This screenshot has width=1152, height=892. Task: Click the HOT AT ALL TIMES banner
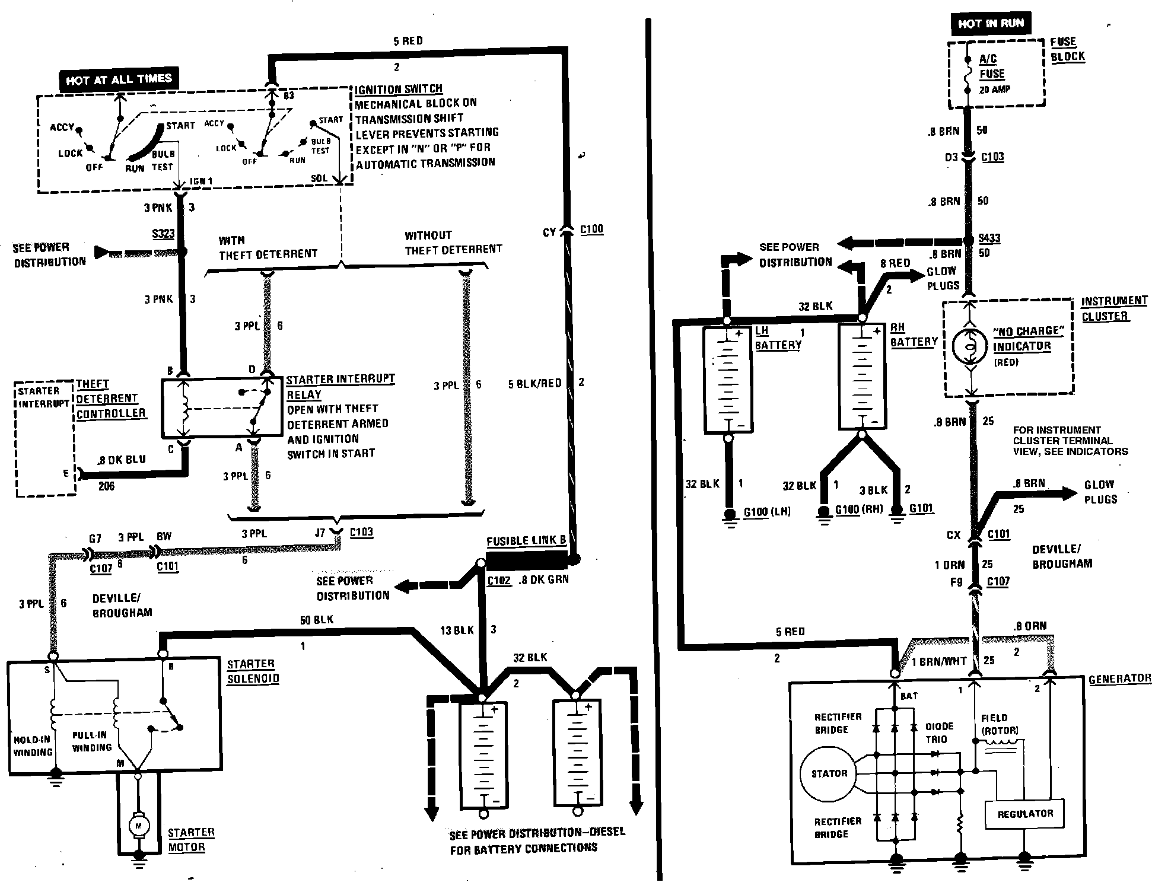[119, 79]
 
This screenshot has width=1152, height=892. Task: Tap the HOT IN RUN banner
[990, 24]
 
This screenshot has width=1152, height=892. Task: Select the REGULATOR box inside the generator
[1024, 814]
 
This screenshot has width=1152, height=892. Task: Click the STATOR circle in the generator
[829, 773]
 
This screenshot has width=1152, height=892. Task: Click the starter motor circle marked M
[139, 825]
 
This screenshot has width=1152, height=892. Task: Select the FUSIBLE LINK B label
[526, 540]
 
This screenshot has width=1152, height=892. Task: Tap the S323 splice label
[163, 234]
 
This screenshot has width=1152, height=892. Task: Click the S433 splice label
[989, 238]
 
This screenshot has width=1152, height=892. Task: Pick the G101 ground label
[921, 508]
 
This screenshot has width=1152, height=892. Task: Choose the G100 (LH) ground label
[767, 511]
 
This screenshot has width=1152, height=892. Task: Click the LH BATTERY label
[777, 337]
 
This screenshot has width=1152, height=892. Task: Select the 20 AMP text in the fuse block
[994, 90]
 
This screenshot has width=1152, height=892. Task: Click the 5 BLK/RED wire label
[534, 383]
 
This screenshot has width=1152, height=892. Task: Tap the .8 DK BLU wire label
[122, 460]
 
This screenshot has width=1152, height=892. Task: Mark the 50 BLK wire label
[316, 620]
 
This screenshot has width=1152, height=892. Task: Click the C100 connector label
[591, 229]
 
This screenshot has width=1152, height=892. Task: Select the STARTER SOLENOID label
[252, 671]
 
